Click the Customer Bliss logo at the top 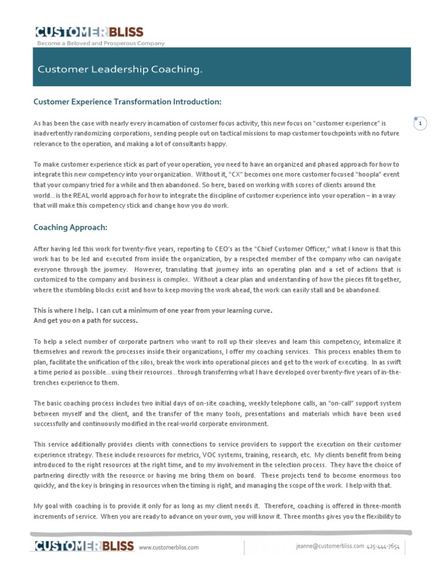pos(89,32)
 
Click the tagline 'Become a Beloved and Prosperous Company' pos(100,43)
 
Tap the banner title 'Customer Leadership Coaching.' pos(120,69)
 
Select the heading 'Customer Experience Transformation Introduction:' pos(127,102)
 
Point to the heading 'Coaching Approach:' pos(70,228)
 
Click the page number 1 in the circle pos(420,124)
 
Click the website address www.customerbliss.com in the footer pos(169,548)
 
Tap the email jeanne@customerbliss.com pos(330,546)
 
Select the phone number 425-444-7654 pos(383,546)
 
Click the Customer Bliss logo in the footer pos(84,546)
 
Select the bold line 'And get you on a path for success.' pos(85,321)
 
